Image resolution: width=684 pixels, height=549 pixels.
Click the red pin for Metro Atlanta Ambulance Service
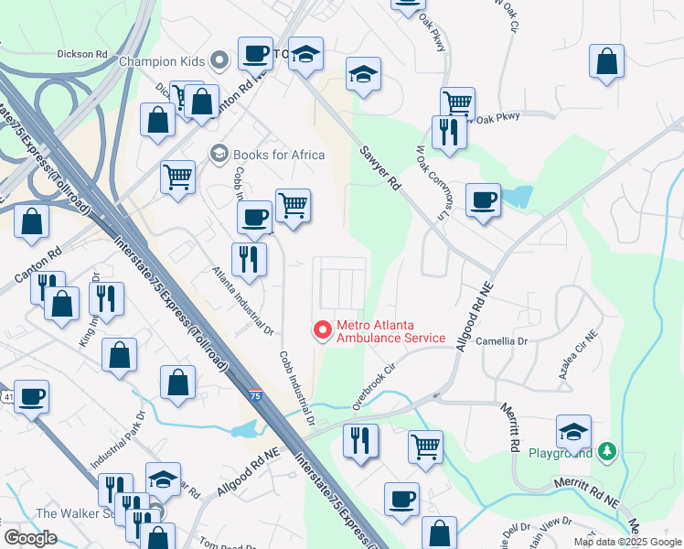pos(322,329)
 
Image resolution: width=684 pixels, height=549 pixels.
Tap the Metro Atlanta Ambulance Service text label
pos(390,331)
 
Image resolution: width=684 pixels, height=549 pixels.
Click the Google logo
pos(30,538)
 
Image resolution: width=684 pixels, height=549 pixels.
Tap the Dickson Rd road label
pos(81,54)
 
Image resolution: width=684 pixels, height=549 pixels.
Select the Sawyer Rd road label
pos(380,168)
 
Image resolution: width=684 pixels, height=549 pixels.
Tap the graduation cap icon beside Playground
pos(573,431)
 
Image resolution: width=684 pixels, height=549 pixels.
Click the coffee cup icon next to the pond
pos(483,199)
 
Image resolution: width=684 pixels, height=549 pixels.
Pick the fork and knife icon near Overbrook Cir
pos(360,441)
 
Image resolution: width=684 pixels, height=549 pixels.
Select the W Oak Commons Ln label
pos(433,178)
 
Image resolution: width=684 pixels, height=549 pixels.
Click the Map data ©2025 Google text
pos(626,542)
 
